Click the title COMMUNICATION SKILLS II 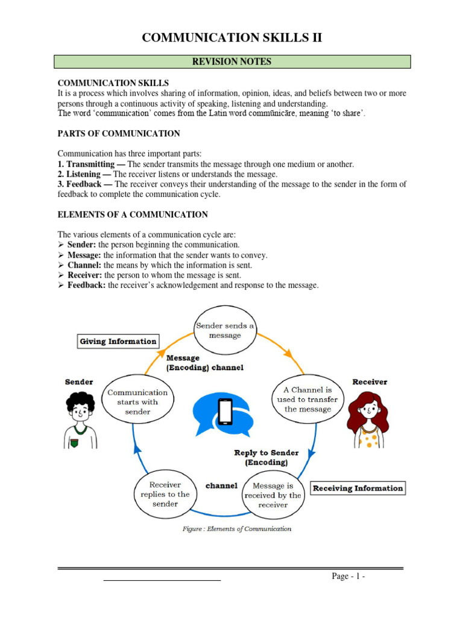coord(231,38)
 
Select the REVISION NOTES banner coord(231,61)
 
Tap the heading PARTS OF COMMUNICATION coord(118,133)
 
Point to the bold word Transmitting coord(90,164)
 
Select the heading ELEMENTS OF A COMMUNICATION coord(133,215)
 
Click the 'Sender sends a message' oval coord(224,330)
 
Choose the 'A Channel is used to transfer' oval coord(307,399)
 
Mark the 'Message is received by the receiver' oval coord(272,495)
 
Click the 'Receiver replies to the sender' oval coord(164,494)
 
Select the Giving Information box coord(118,342)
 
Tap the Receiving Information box coord(357,488)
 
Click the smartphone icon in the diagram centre coord(225,412)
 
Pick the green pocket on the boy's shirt coord(74,442)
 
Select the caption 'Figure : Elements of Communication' coord(237,529)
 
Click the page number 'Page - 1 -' coord(348,577)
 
